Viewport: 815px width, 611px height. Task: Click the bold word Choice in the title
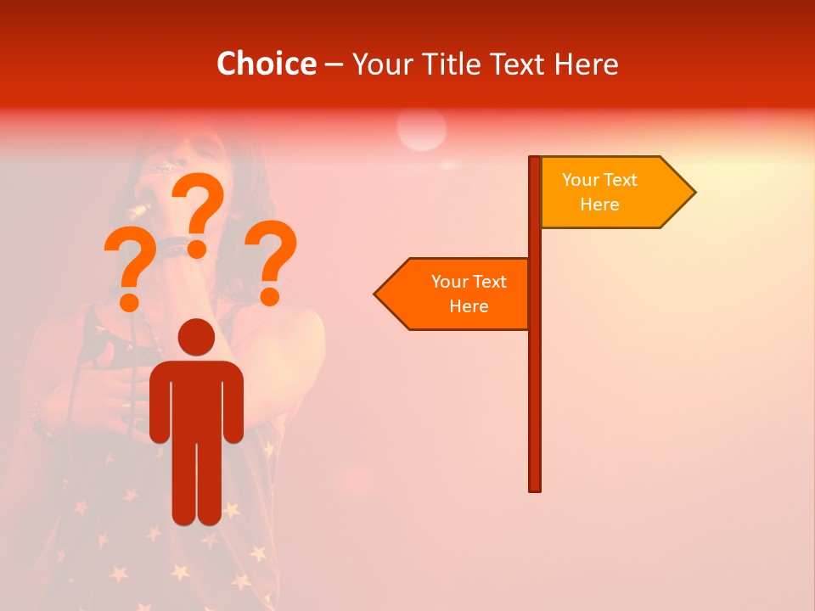coord(267,64)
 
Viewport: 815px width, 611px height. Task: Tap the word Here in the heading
coord(586,64)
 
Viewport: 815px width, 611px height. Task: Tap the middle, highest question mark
coord(199,212)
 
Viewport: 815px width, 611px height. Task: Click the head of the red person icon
coord(196,337)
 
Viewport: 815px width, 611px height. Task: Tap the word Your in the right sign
coord(580,180)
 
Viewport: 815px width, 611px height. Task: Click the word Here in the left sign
coord(469,306)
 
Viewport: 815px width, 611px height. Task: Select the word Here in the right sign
coord(599,205)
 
